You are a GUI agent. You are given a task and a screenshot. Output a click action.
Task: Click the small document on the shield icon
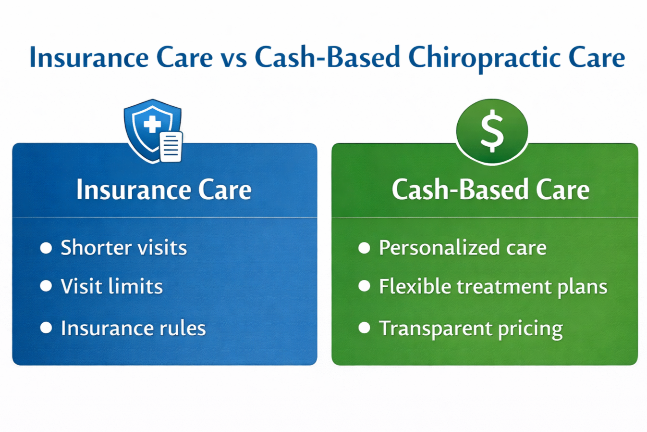coord(171,147)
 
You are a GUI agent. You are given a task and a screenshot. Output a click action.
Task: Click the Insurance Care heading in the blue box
coord(164,190)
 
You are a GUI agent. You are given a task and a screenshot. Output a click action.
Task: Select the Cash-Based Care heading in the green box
coord(490,190)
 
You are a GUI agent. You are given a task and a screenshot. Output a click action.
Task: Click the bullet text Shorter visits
coord(123,248)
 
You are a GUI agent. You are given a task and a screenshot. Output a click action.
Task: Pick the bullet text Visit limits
coord(111,287)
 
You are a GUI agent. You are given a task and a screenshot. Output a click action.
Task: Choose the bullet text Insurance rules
coord(133,328)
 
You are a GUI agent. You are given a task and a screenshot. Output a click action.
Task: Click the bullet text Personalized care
coord(463,248)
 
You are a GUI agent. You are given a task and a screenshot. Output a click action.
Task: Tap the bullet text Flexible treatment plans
coord(493,287)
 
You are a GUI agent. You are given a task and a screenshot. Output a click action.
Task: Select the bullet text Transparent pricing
coord(471,329)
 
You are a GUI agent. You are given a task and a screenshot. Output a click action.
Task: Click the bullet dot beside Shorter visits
coord(46,248)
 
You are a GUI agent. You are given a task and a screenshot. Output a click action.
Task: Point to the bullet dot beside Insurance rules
coord(46,328)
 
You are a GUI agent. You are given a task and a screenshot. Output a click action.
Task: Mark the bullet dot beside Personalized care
coord(365,248)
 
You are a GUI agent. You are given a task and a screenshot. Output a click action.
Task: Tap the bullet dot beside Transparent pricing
coord(365,328)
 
